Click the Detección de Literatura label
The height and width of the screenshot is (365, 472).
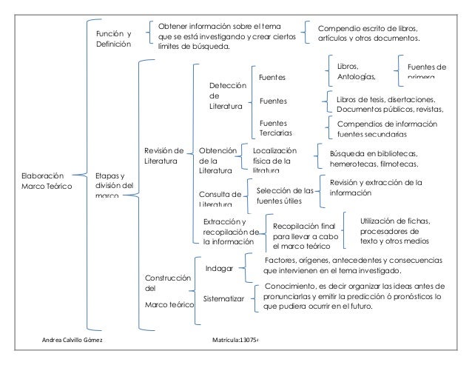pos(226,96)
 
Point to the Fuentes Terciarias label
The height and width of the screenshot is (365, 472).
pos(274,127)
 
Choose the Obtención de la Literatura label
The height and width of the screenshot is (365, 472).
pos(215,160)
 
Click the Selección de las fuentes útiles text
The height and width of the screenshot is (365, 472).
pos(285,195)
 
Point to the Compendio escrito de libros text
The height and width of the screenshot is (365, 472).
pos(368,33)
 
